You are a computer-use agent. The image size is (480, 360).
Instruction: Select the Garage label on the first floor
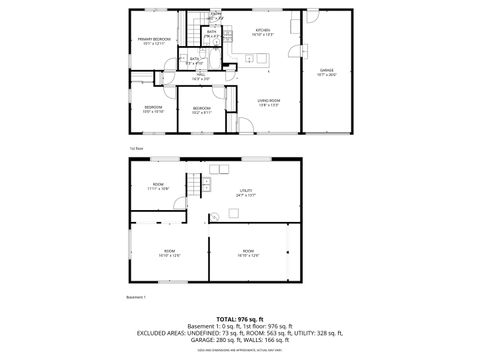pyautogui.click(x=326, y=70)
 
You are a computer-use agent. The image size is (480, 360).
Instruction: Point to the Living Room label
pyautogui.click(x=268, y=101)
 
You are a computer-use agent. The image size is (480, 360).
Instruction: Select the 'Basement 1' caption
pyautogui.click(x=137, y=297)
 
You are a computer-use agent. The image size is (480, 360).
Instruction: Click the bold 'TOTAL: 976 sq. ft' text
pyautogui.click(x=240, y=317)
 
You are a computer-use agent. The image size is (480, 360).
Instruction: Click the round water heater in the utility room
pyautogui.click(x=213, y=219)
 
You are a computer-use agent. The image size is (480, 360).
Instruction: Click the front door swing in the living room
pyautogui.click(x=245, y=126)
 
